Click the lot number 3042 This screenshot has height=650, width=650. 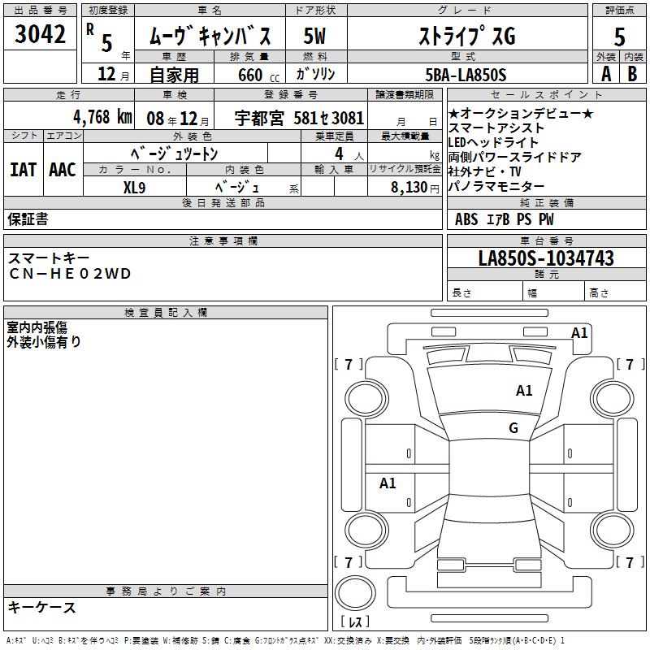[x=41, y=35]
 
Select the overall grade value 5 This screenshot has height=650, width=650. [x=620, y=37]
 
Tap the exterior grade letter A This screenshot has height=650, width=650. [x=605, y=73]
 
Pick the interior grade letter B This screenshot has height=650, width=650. [x=632, y=73]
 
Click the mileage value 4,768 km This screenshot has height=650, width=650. [x=102, y=116]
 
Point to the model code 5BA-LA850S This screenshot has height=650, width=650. [x=466, y=75]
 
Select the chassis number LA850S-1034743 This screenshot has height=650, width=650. [x=546, y=258]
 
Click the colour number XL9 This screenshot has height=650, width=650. [x=134, y=186]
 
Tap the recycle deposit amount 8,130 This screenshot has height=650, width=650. [x=409, y=187]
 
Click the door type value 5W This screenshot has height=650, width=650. [x=314, y=37]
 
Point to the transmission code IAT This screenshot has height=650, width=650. [x=23, y=169]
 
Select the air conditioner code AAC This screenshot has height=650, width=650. [x=63, y=169]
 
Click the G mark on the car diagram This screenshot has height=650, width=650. [x=513, y=428]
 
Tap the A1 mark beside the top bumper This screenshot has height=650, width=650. [x=579, y=332]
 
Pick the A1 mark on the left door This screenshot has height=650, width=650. [x=388, y=483]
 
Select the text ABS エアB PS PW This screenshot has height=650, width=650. [x=505, y=219]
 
